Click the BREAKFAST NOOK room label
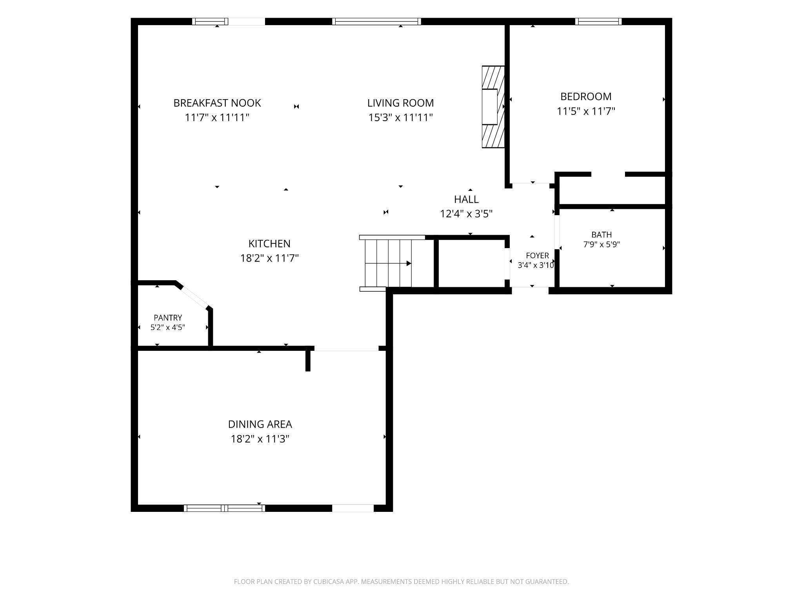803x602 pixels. click(x=217, y=103)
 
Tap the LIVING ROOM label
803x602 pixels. click(x=400, y=103)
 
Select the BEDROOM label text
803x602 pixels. click(x=586, y=96)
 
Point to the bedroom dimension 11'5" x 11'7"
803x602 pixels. click(x=586, y=111)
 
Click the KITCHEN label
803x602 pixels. click(x=269, y=244)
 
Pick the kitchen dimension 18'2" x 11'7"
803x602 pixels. click(x=269, y=258)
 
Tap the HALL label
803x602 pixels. click(x=466, y=199)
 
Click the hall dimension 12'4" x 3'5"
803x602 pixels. click(x=466, y=214)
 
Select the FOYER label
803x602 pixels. click(x=537, y=256)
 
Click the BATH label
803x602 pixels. click(x=601, y=235)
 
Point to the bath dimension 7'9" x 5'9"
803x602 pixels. click(x=601, y=245)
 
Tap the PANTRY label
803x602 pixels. click(x=168, y=318)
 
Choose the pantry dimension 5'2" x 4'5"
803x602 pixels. click(x=168, y=327)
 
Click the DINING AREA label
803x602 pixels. click(x=260, y=424)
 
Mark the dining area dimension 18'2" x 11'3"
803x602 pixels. click(x=260, y=439)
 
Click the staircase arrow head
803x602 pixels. click(x=409, y=263)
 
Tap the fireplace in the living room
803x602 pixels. click(x=493, y=107)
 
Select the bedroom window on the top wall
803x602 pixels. click(x=598, y=22)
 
